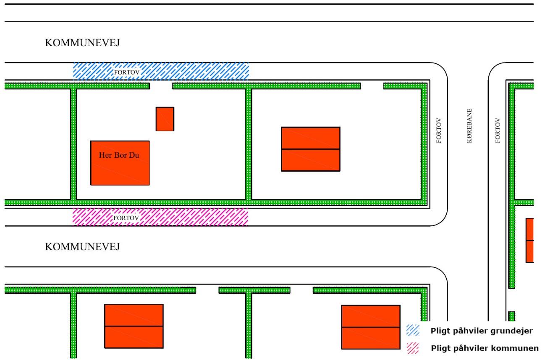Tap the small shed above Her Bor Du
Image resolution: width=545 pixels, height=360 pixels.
[165, 119]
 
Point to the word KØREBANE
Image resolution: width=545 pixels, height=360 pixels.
[469, 126]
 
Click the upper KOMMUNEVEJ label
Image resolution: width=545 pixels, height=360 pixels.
[82, 44]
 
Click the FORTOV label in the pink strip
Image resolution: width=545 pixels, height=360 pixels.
[126, 218]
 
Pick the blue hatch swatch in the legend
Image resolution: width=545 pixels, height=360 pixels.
[413, 331]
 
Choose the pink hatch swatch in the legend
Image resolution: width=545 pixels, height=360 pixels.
[413, 347]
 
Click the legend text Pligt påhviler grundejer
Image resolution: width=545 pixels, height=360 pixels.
[482, 331]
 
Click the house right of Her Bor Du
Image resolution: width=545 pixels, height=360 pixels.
[310, 149]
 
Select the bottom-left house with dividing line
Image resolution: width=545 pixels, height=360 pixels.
[134, 326]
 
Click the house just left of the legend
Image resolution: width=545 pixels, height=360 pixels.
[370, 327]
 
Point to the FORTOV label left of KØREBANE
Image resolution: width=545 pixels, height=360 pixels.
[439, 130]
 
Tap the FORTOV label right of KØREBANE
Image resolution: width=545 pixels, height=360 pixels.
[498, 130]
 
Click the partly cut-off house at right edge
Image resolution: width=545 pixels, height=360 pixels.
[529, 240]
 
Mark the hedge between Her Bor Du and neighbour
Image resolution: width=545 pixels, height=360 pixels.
[249, 143]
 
